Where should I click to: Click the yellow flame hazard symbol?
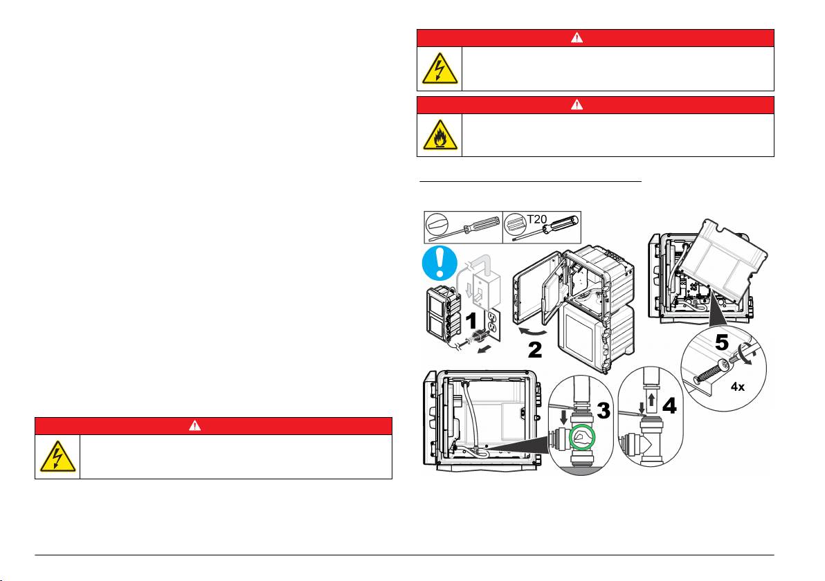point(440,135)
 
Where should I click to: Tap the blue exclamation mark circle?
point(440,263)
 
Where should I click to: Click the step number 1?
point(471,321)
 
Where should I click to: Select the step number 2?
point(534,350)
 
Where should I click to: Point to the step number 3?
point(603,411)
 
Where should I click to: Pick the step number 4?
point(669,405)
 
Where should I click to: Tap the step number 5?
point(722,342)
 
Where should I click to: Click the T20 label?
point(537,219)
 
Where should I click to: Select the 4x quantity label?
point(738,387)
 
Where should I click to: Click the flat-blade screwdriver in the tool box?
point(464,227)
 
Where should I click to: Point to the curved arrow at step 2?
point(532,332)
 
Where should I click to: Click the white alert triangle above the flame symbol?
point(577,104)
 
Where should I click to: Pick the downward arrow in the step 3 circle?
point(563,418)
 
